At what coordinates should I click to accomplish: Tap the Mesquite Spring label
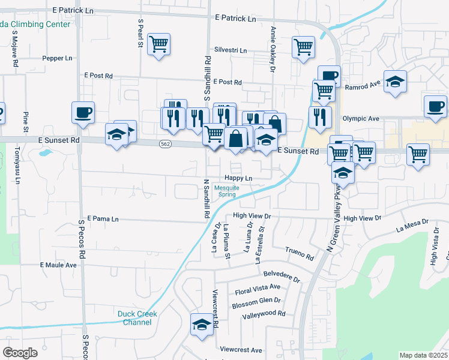(x=227, y=191)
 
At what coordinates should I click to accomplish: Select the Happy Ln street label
(x=238, y=178)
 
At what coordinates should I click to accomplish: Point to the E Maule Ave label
(x=58, y=265)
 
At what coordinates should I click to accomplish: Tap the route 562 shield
(x=166, y=144)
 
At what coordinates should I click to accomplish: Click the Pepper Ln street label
(x=57, y=58)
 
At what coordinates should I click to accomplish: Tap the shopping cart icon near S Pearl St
(x=159, y=44)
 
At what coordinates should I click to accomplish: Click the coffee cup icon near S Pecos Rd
(x=83, y=112)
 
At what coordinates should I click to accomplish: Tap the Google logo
(x=20, y=353)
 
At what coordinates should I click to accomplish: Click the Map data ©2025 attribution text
(x=424, y=355)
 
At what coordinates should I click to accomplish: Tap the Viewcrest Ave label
(x=241, y=350)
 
